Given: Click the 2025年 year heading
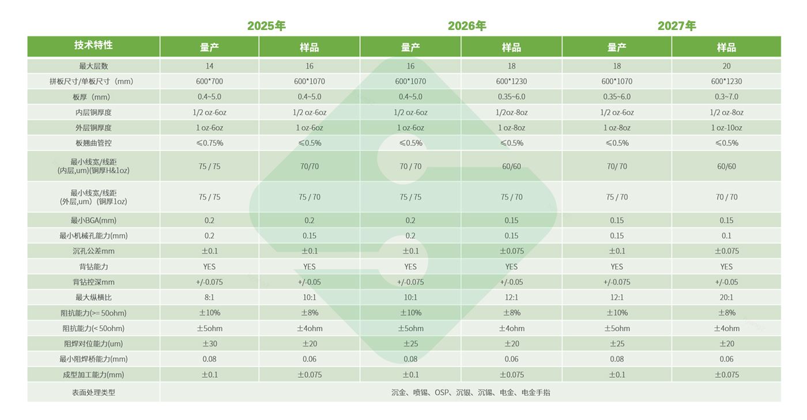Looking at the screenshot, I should (x=266, y=26).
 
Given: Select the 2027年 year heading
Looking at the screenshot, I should (x=677, y=26).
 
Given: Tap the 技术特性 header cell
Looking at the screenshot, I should (x=93, y=46).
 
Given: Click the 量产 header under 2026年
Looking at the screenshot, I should (x=410, y=47).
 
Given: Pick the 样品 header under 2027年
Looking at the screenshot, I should (x=726, y=47).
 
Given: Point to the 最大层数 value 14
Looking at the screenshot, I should (x=209, y=66).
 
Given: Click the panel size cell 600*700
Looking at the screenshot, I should (x=209, y=81).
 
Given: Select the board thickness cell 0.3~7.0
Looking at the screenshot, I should (x=726, y=97).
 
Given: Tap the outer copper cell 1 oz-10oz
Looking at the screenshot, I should (x=726, y=128).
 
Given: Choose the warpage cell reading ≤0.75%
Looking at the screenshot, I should (x=209, y=143).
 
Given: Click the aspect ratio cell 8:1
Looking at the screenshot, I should (x=209, y=298).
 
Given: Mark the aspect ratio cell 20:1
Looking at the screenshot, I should (x=726, y=298).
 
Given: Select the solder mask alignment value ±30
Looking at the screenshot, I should (x=209, y=344).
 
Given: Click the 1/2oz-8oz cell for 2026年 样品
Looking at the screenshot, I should (x=511, y=112).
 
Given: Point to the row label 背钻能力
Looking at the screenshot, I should (x=93, y=267).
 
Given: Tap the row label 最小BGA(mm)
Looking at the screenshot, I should (x=93, y=220).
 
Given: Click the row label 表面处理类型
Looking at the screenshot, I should (x=93, y=392).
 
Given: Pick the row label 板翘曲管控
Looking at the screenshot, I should (x=93, y=143).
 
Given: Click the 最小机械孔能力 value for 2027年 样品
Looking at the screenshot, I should (x=726, y=236).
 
